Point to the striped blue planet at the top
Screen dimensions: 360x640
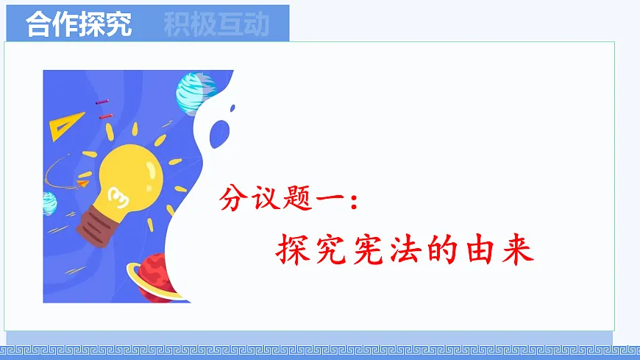tap(195, 91)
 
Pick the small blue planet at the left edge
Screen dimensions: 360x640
tap(49, 202)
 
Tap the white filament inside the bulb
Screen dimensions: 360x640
tap(115, 194)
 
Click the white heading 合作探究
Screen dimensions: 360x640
tap(79, 25)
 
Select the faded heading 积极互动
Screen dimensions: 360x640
tap(217, 25)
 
